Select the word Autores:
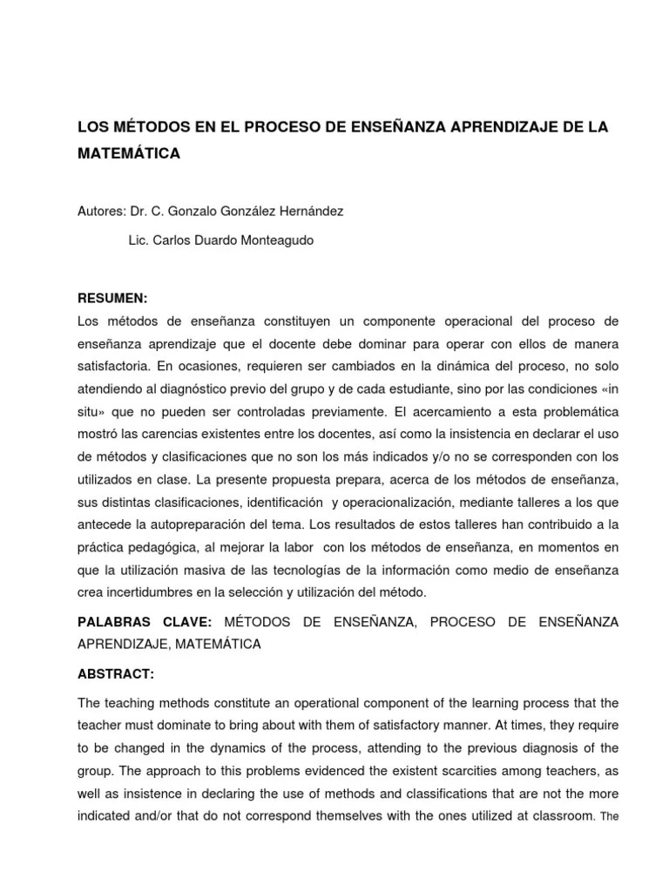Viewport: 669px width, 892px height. (101, 211)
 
